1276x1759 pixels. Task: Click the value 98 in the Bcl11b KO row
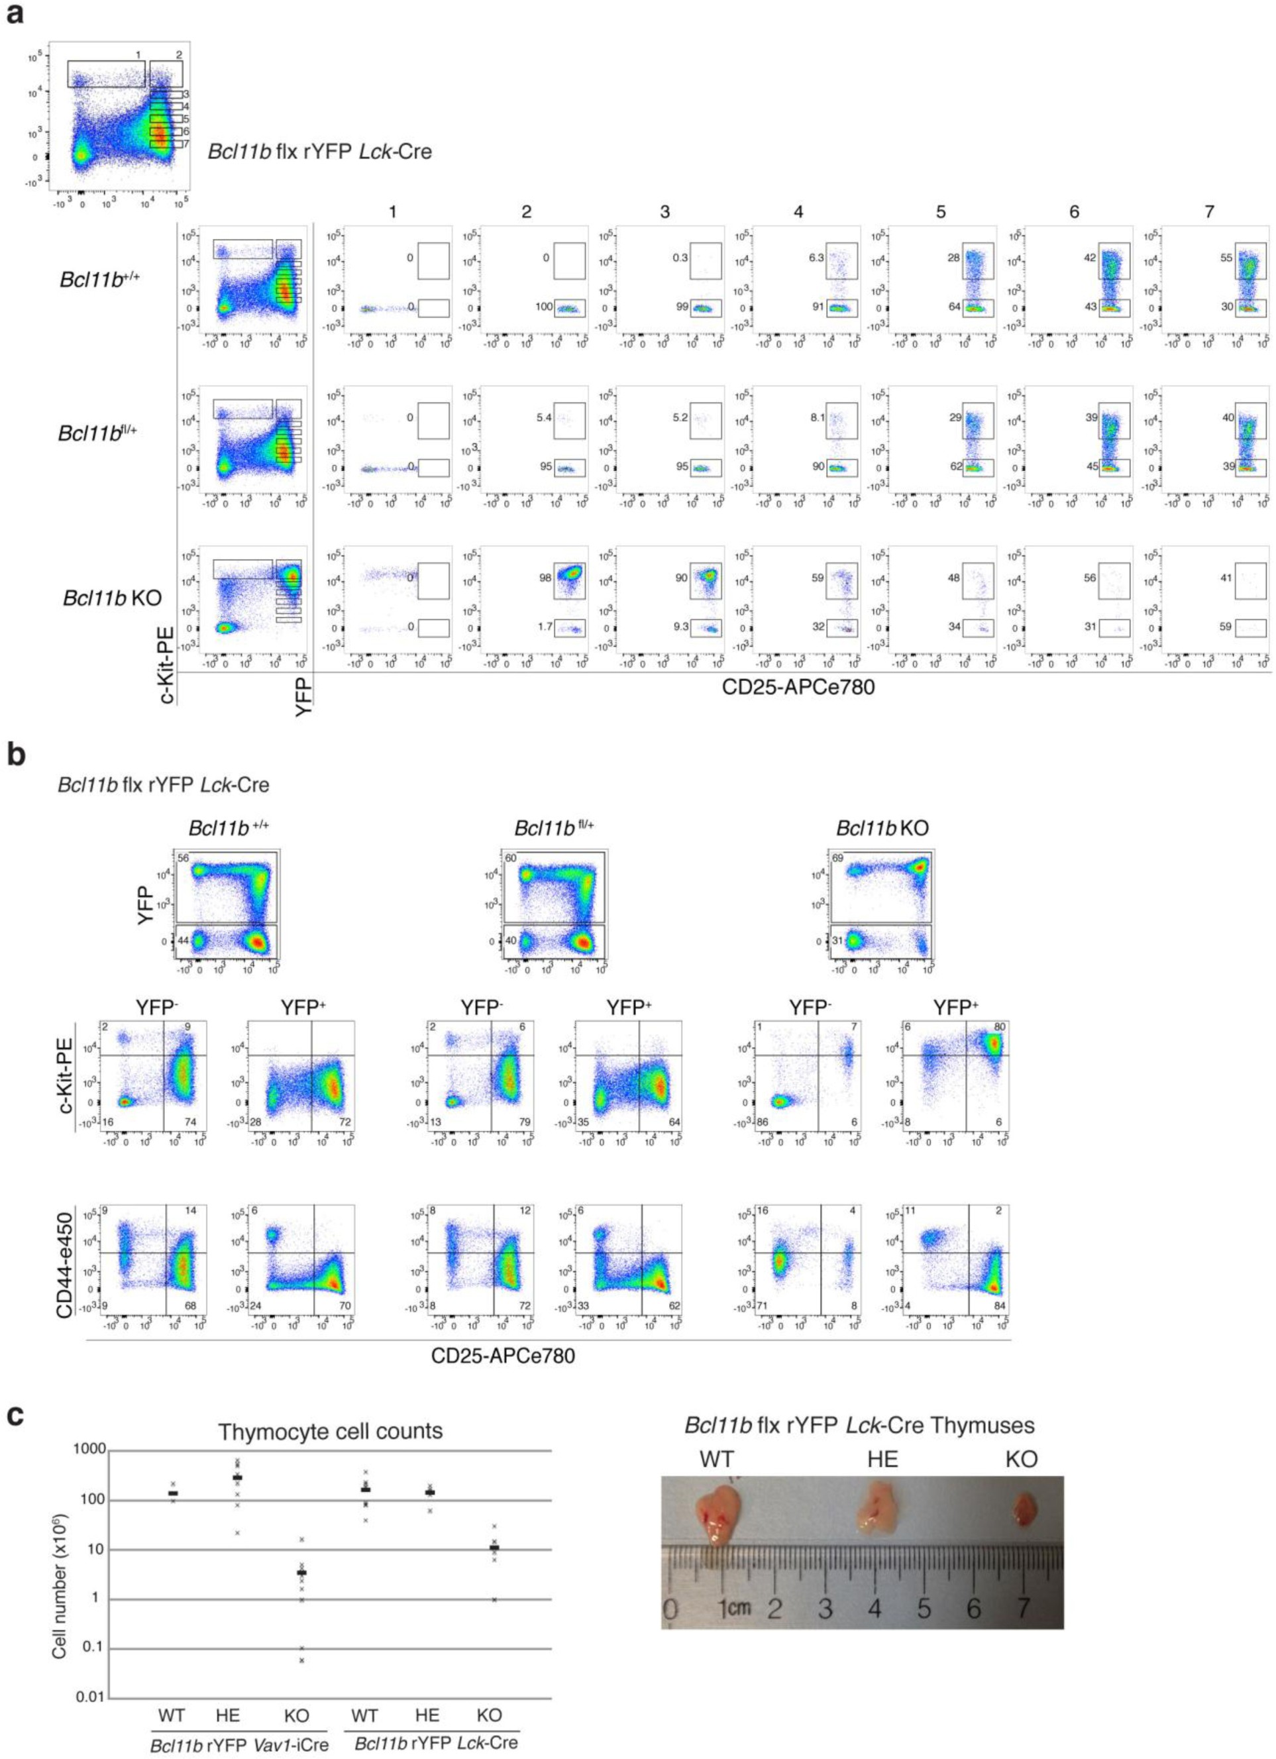pos(544,578)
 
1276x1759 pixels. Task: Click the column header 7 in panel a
pos(1208,211)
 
